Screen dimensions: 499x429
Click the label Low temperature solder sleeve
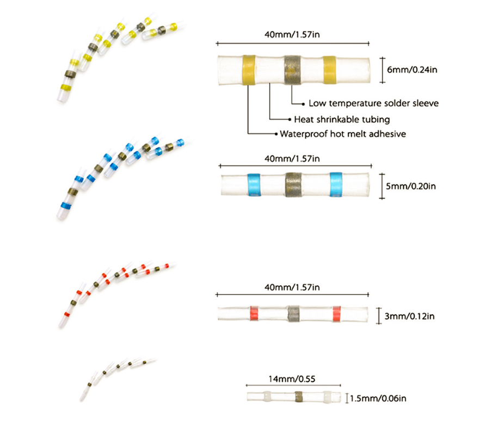374,103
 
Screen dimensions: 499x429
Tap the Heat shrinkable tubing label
342,120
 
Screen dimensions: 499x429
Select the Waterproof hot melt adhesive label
343,134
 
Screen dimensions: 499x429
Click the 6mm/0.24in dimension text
412,70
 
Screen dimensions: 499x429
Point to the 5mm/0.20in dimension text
411,186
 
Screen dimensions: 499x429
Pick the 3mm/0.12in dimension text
410,316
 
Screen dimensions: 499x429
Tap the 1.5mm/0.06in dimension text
378,399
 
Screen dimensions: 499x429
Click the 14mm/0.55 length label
292,379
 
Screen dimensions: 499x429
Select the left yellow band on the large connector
249,70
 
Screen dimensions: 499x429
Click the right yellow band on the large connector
329,70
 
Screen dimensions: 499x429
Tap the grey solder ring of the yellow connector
292,70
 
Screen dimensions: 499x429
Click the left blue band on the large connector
254,185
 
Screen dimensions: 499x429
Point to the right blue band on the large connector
336,184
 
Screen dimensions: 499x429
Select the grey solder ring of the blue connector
293,185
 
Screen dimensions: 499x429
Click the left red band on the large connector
254,314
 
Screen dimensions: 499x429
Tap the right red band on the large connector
337,314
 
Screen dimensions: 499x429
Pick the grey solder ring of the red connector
293,314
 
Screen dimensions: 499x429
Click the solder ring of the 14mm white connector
299,396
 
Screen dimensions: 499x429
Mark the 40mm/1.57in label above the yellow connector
292,35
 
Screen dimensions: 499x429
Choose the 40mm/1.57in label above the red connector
292,288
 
